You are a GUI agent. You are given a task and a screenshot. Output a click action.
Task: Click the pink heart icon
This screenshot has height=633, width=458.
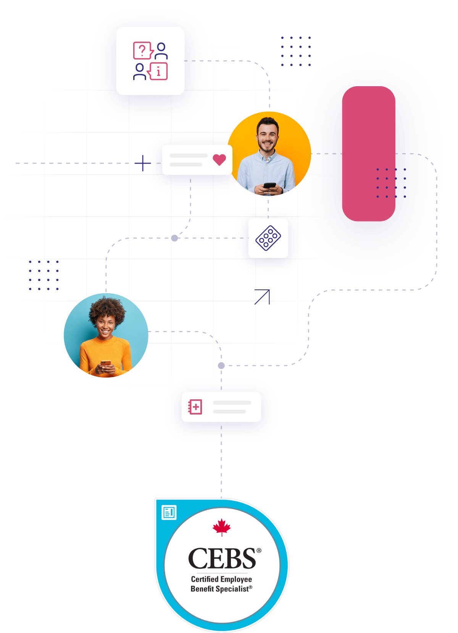pos(219,159)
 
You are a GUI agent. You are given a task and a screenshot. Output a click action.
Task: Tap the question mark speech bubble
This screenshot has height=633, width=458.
pos(142,51)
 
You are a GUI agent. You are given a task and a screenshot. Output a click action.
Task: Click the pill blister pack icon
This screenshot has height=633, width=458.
pos(268,238)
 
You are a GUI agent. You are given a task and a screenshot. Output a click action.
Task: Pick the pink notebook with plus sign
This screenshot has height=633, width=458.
pos(195,407)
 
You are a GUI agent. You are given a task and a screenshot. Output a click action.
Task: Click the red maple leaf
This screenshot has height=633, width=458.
pos(222,527)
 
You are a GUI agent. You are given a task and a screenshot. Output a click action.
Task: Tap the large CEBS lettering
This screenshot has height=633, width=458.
pos(222,559)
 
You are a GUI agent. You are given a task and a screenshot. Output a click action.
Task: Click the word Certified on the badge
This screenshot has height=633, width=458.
pos(205,579)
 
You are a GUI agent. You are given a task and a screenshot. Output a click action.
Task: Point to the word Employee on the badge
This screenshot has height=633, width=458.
pos(236,579)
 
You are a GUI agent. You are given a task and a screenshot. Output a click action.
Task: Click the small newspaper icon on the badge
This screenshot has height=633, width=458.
pos(169,512)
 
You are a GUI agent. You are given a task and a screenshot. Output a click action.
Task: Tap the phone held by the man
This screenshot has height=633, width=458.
pos(269,185)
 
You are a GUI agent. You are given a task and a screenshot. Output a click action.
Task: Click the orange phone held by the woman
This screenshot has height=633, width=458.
pos(106,363)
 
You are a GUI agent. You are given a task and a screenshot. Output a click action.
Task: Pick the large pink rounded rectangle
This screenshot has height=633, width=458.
pos(368,154)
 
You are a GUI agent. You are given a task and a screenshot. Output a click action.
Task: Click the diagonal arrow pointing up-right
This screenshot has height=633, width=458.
pos(263,297)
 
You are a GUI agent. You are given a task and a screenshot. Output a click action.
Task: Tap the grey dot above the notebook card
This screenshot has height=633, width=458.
pos(221,366)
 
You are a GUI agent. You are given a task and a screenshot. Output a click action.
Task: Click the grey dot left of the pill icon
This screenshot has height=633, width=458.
pos(174,238)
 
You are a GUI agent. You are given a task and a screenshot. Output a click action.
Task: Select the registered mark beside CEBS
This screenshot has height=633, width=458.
pos(259,550)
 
